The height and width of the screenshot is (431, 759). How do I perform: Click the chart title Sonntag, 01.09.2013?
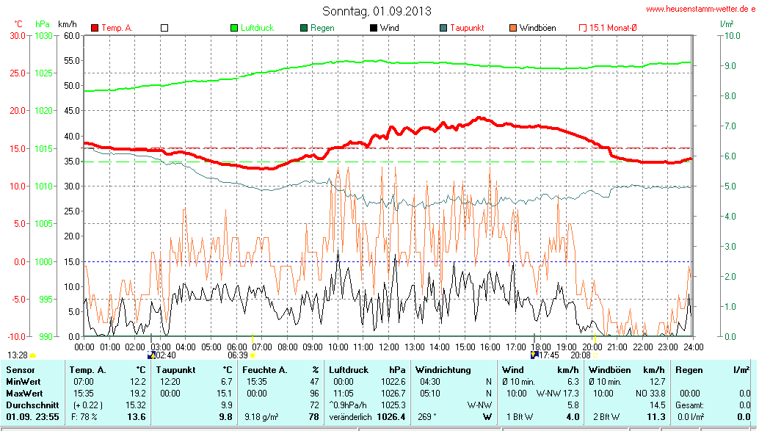(x=377, y=11)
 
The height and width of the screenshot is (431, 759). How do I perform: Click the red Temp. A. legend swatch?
(x=95, y=28)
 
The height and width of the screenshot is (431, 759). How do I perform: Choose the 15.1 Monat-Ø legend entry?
(x=613, y=28)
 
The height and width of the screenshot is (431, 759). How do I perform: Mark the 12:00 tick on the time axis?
(x=388, y=347)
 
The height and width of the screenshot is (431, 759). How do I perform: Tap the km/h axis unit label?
(x=67, y=24)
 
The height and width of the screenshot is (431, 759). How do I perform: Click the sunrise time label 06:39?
(x=238, y=355)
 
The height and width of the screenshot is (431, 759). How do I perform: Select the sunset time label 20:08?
(x=581, y=355)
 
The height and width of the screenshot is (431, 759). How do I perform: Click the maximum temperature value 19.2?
(x=138, y=394)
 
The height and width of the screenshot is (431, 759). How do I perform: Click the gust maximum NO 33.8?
(x=651, y=394)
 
